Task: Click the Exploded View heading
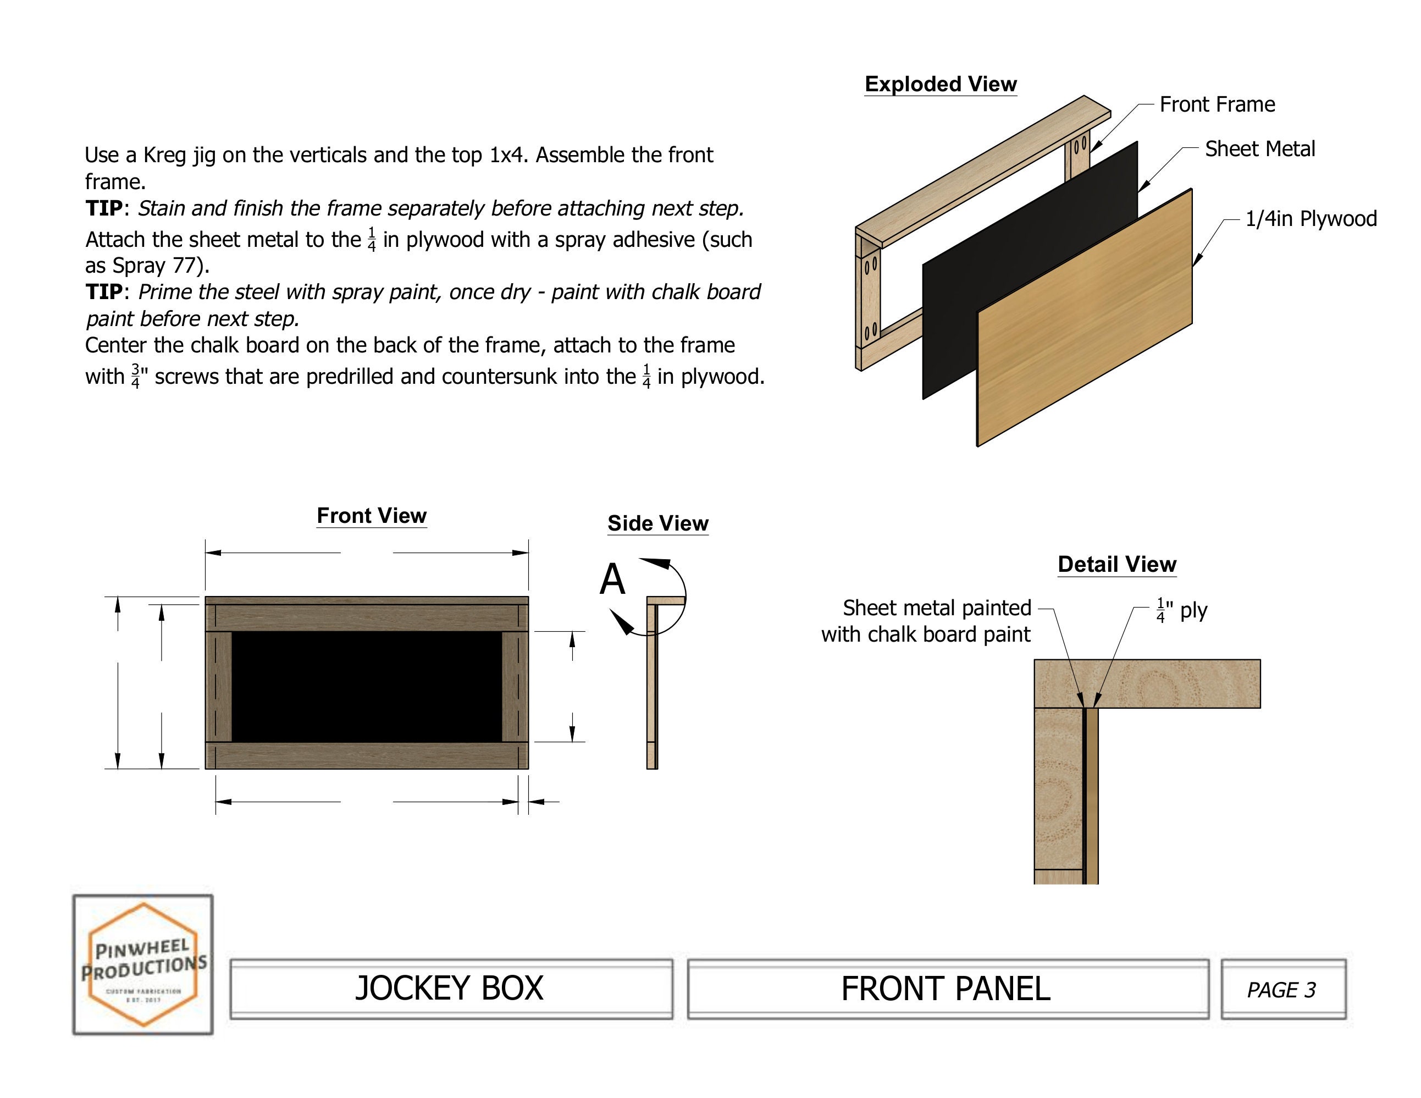(940, 84)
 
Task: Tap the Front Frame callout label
(1217, 104)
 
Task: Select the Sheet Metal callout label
(1259, 149)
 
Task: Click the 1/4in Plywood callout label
(1311, 219)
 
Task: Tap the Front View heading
(372, 516)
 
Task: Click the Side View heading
(658, 523)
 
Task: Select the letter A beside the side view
(612, 580)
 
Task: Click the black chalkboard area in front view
(366, 687)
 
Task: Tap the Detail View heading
(1116, 564)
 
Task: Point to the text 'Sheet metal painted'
(937, 608)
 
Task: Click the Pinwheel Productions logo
(143, 964)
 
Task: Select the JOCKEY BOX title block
(450, 988)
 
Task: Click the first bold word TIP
(103, 208)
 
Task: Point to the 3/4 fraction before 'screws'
(135, 376)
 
